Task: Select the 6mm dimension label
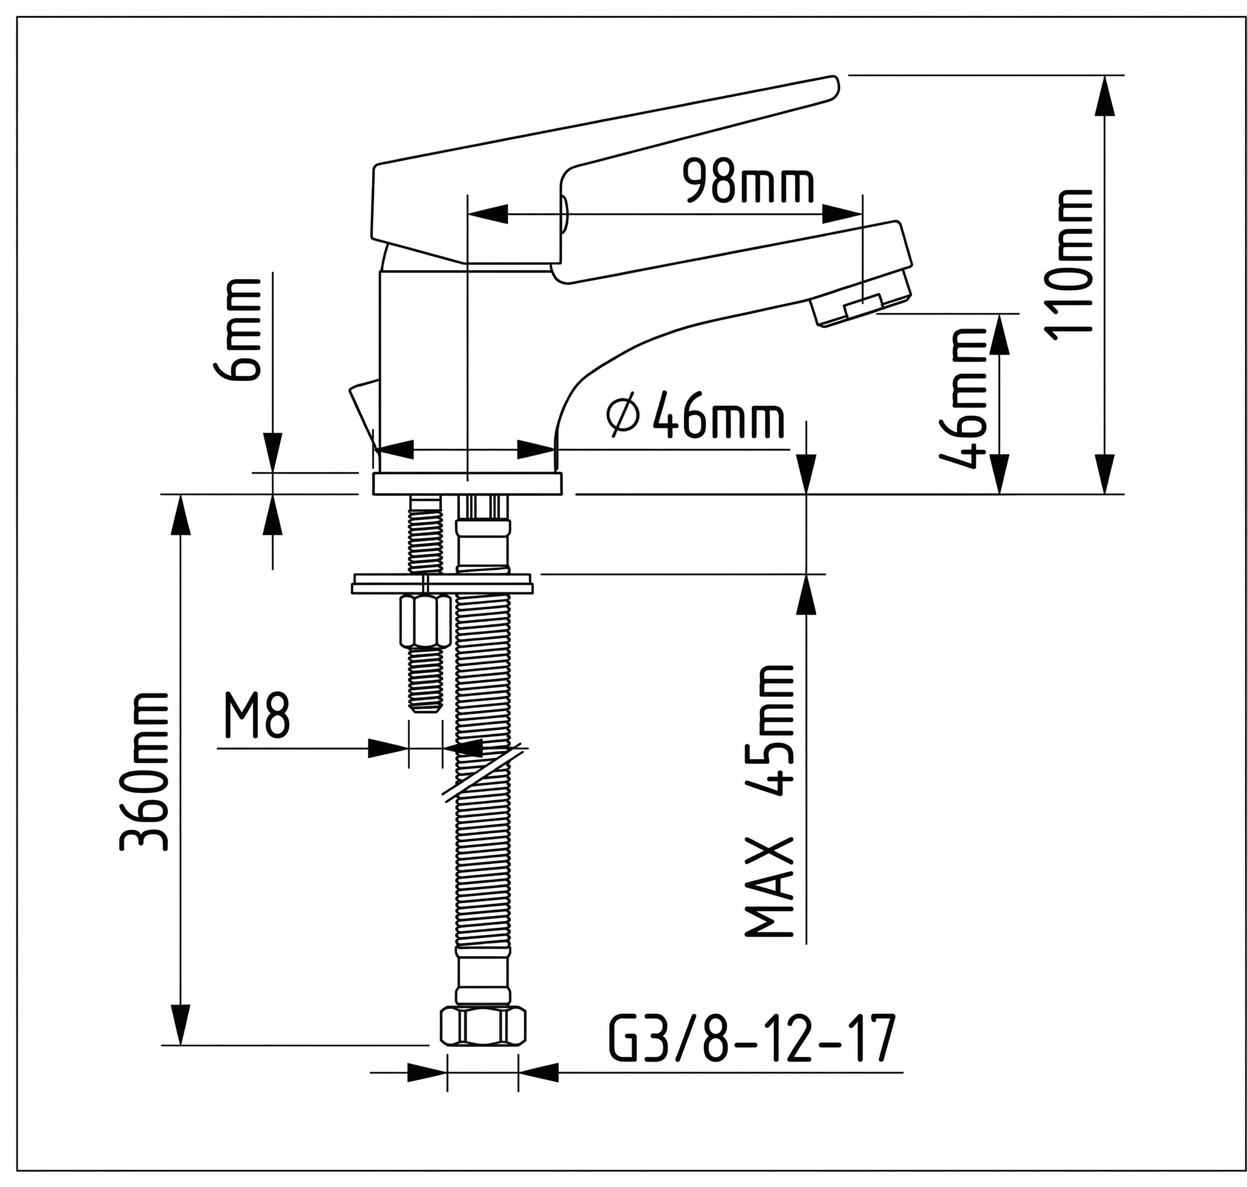(x=243, y=330)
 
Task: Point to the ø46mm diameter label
(x=695, y=417)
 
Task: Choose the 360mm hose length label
(x=144, y=771)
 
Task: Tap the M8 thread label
(x=256, y=716)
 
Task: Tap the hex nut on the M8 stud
(x=425, y=621)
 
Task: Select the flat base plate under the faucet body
(x=467, y=483)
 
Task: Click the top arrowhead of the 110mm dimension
(x=1105, y=95)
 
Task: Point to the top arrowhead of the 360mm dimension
(x=181, y=515)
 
